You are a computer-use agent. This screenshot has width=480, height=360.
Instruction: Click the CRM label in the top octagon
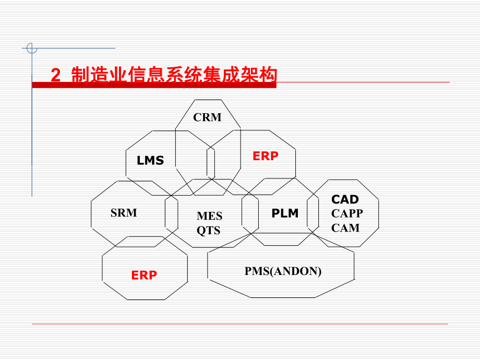coord(207,117)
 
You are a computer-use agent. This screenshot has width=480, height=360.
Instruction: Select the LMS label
coord(150,161)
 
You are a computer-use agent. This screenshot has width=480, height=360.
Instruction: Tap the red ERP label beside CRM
coord(266,155)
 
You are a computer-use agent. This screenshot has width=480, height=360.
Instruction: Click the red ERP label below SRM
coord(144,275)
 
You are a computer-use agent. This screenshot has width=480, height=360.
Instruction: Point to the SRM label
coord(124,213)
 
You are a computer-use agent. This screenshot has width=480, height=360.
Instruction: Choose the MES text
coord(210,216)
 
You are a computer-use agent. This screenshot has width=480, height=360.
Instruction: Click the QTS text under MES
coord(209,230)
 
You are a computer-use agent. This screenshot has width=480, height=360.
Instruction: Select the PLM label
coord(285,213)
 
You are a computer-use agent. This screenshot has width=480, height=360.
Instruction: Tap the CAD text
coord(345,199)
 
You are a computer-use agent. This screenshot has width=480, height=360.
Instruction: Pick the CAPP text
coord(347,213)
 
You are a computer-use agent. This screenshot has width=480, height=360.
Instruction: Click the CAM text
coord(345,227)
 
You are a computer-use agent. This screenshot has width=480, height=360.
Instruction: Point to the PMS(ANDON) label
coord(283,271)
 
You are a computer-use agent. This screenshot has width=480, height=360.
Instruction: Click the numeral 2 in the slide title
coord(56,75)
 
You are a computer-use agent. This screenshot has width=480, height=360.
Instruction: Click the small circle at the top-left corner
coord(32,49)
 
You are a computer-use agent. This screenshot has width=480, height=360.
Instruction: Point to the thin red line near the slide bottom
coord(240,324)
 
